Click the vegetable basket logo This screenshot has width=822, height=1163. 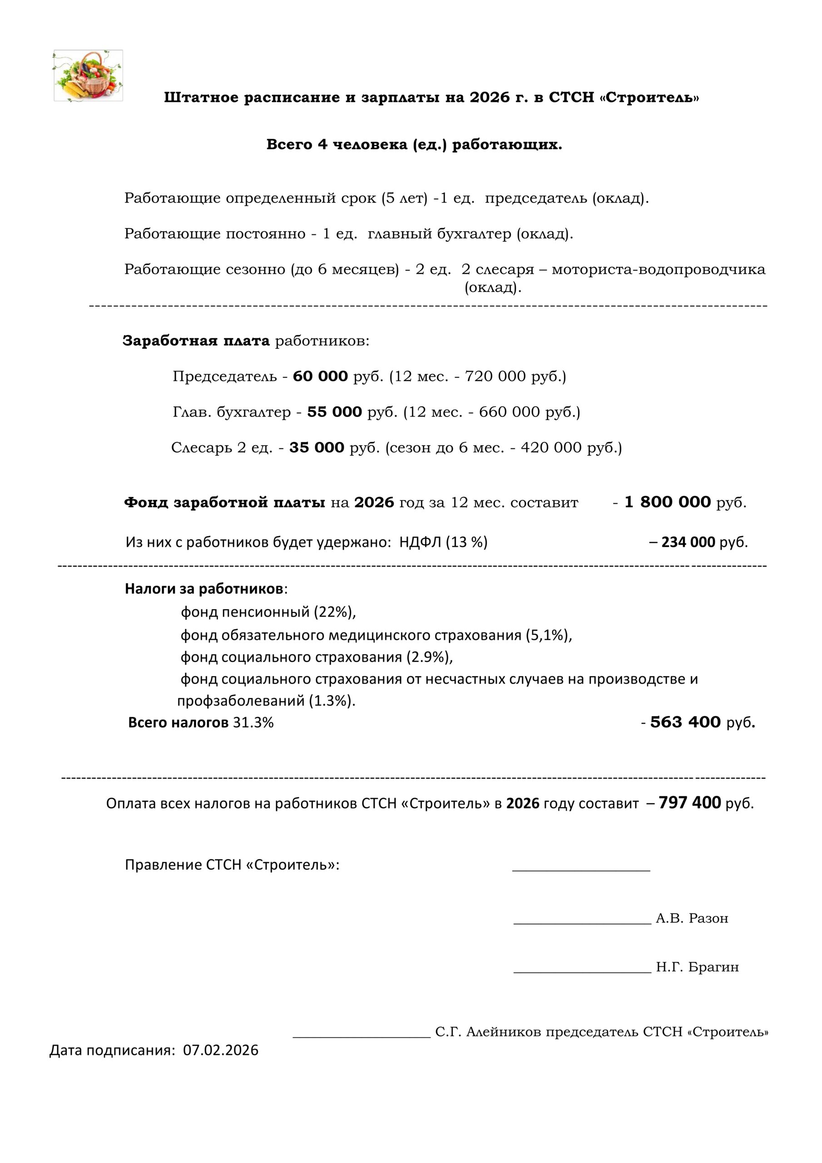[88, 75]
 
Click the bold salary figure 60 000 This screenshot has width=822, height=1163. [320, 376]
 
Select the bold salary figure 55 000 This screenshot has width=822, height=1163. [334, 412]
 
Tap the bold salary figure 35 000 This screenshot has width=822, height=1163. [317, 448]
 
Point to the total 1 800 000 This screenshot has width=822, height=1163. [668, 502]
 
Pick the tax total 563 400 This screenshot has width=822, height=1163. [685, 722]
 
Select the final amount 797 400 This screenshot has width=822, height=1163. [689, 803]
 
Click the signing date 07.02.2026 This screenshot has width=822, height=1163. [221, 1050]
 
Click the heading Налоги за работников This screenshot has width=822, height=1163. [203, 589]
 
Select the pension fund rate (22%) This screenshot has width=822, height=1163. [334, 612]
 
